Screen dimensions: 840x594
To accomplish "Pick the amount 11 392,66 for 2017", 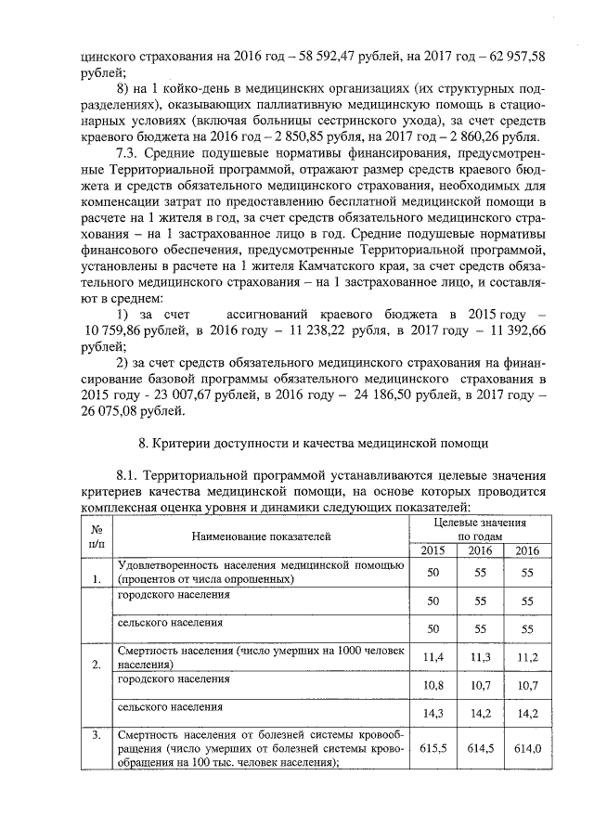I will coord(510,330).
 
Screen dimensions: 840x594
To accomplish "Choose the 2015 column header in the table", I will coord(432,551).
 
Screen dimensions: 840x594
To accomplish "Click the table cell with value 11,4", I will coord(432,658).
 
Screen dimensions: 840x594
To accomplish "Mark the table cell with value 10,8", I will coord(432,686).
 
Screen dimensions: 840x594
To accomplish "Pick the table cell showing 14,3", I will coord(432,714).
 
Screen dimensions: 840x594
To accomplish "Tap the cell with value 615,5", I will coord(432,747).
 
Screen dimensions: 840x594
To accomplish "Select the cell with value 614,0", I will coord(527,747).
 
